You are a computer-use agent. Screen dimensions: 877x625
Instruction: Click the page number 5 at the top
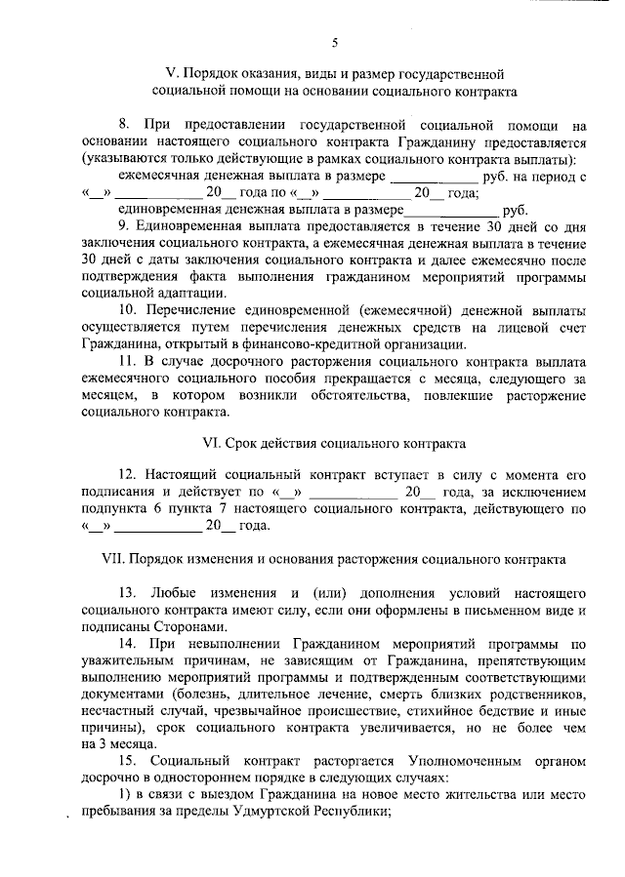pos(334,43)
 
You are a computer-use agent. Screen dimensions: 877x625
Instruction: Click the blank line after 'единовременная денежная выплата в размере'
pos(450,209)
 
